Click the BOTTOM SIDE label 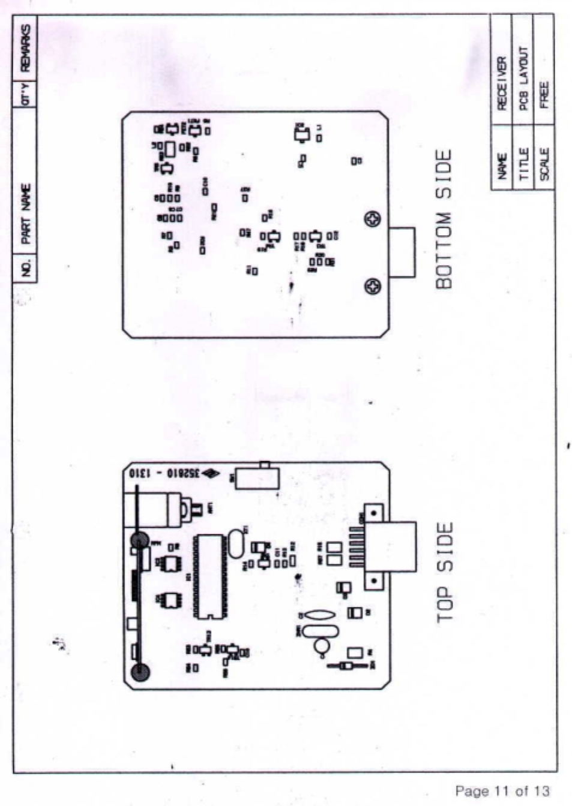pyautogui.click(x=443, y=219)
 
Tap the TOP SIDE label pyautogui.click(x=444, y=573)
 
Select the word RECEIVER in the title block pyautogui.click(x=502, y=83)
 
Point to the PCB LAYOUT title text pyautogui.click(x=523, y=79)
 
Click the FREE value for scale pyautogui.click(x=544, y=95)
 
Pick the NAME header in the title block pyautogui.click(x=502, y=165)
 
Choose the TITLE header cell pyautogui.click(x=523, y=164)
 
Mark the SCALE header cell pyautogui.click(x=544, y=164)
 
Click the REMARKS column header pyautogui.click(x=25, y=48)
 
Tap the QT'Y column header pyautogui.click(x=25, y=94)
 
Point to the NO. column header pyautogui.click(x=25, y=267)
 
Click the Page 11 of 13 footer pyautogui.click(x=502, y=791)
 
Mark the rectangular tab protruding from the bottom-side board pyautogui.click(x=402, y=252)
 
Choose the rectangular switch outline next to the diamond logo pyautogui.click(x=257, y=479)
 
